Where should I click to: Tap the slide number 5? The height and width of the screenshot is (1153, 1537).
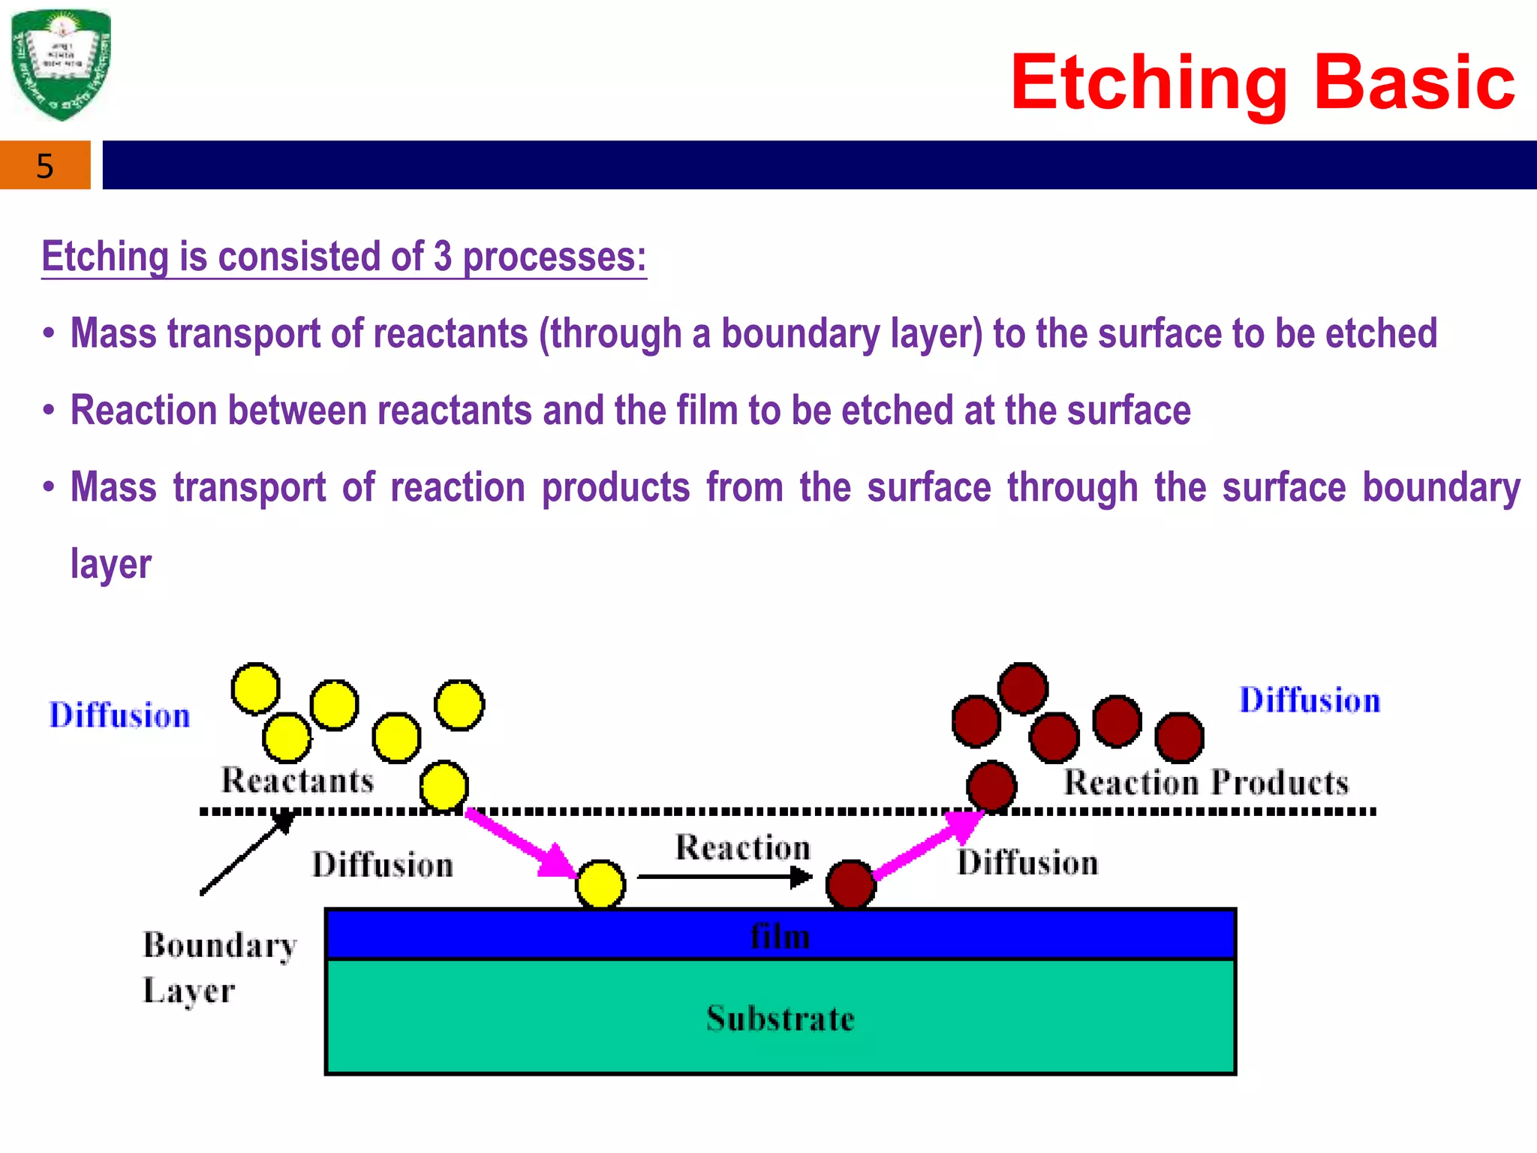[x=45, y=166]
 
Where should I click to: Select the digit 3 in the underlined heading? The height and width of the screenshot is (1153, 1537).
[x=443, y=257]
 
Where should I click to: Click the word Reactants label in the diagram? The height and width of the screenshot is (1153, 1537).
[x=297, y=781]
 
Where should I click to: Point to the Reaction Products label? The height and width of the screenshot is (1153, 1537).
[x=1206, y=783]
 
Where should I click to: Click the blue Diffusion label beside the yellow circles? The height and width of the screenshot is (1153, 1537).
[x=119, y=715]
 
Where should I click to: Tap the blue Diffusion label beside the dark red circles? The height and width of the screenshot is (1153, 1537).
[x=1310, y=700]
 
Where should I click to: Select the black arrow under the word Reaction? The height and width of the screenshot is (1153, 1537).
[x=724, y=876]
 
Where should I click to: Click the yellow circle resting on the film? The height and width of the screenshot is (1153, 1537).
[x=600, y=885]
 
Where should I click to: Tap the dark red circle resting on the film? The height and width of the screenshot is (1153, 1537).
[x=850, y=885]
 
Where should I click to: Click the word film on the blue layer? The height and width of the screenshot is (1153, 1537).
[x=781, y=937]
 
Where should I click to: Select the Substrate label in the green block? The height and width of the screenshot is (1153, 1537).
[x=781, y=1019]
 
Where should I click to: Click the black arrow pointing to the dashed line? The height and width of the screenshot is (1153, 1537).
[x=248, y=853]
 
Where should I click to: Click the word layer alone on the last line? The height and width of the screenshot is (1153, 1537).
[x=111, y=564]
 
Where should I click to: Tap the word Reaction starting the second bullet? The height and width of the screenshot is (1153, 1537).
[x=143, y=411]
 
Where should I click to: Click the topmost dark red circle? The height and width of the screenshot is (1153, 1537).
[x=1023, y=688]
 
